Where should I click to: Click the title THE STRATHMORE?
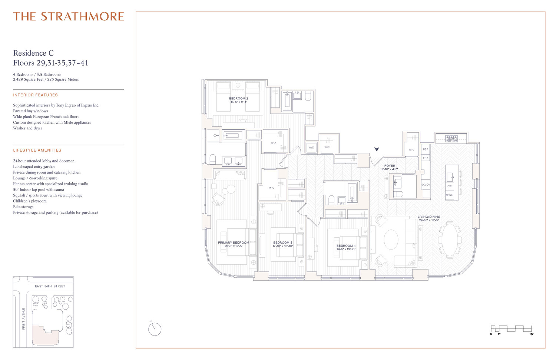pyautogui.click(x=69, y=17)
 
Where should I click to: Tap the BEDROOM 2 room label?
pyautogui.click(x=238, y=99)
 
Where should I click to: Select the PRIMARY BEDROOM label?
pyautogui.click(x=234, y=243)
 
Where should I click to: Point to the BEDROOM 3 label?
pyautogui.click(x=283, y=243)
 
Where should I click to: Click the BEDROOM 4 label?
pyautogui.click(x=346, y=246)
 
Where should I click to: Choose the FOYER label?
pyautogui.click(x=390, y=166)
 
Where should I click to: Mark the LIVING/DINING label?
pyautogui.click(x=429, y=217)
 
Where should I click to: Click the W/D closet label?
pyautogui.click(x=311, y=148)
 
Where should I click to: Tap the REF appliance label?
pyautogui.click(x=426, y=149)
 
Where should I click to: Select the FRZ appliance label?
pyautogui.click(x=426, y=158)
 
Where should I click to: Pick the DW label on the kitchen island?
pyautogui.click(x=450, y=186)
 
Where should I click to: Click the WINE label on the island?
pyautogui.click(x=450, y=195)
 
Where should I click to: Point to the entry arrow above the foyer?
pyautogui.click(x=377, y=149)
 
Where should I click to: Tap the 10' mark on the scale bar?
pyautogui.click(x=531, y=334)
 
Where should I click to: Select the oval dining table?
pyautogui.click(x=449, y=240)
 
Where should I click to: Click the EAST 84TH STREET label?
pyautogui.click(x=50, y=286)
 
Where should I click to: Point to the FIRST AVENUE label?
pyautogui.click(x=23, y=319)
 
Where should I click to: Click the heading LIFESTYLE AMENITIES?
pyautogui.click(x=37, y=150)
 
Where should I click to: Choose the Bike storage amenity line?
pyautogui.click(x=23, y=207)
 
